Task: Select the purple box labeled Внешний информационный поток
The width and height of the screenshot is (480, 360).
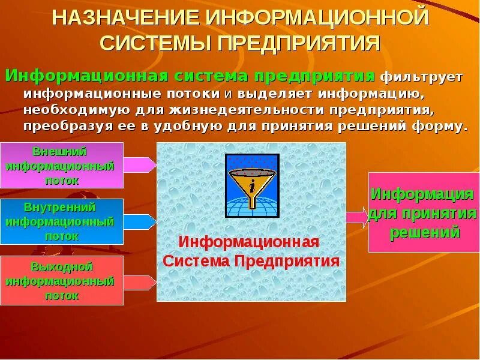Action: (x=61, y=165)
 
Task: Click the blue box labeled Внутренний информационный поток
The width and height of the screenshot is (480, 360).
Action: (x=61, y=221)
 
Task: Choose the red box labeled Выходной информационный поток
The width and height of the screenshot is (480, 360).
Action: (x=61, y=280)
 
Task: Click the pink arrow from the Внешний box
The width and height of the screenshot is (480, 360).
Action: (x=140, y=165)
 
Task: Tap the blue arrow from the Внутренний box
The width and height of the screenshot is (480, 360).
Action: (x=140, y=222)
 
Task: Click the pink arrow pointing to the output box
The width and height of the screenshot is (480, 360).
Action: (x=357, y=217)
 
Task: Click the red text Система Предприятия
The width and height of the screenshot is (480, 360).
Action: (x=251, y=261)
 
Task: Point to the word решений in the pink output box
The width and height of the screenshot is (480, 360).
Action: (x=425, y=232)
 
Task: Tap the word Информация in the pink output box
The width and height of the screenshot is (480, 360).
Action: (x=422, y=194)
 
